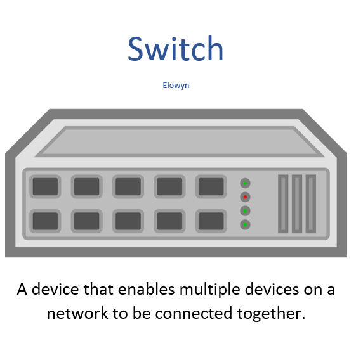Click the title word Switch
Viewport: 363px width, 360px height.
coord(176,49)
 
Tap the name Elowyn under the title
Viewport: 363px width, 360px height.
coord(176,86)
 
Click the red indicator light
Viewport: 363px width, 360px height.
coord(245,197)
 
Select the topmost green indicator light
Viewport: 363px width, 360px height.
coord(245,183)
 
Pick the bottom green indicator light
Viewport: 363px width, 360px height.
coord(245,224)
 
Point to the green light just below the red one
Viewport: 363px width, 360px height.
coord(245,211)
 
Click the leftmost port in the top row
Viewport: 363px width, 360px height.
coord(45,186)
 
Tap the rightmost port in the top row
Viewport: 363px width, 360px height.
coord(211,186)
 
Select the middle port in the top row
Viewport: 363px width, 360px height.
coord(128,186)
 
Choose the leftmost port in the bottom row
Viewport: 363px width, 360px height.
coord(45,221)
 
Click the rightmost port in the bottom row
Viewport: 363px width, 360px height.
coord(211,221)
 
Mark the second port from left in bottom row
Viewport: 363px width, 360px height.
coord(86,221)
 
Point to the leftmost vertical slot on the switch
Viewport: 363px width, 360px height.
coord(283,204)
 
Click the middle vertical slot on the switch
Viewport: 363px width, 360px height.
coord(297,204)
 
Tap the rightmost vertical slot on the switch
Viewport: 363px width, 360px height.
coord(311,204)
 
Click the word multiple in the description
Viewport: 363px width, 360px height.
coord(210,290)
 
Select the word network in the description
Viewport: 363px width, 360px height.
coord(77,314)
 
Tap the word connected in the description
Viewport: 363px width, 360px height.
coord(194,314)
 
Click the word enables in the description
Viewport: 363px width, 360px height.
coord(147,289)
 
